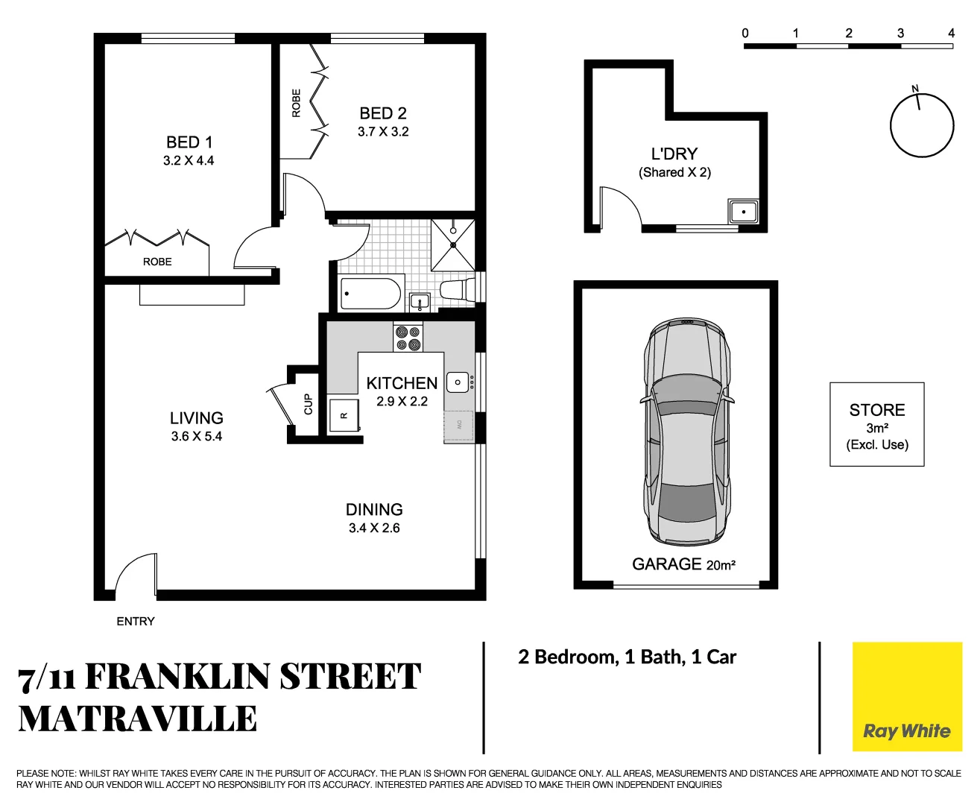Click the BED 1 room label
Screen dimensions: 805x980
click(189, 142)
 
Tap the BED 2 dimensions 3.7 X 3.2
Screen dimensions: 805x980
click(383, 132)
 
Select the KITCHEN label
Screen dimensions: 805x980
click(402, 383)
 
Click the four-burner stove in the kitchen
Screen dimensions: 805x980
click(408, 338)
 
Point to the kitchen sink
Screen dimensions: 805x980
click(458, 382)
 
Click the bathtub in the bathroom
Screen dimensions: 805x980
click(370, 293)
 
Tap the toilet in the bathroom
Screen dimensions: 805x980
click(457, 290)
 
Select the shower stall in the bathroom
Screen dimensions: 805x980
click(452, 244)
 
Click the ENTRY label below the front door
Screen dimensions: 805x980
click(136, 621)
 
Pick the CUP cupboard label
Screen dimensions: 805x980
click(308, 404)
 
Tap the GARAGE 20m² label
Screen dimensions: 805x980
click(683, 564)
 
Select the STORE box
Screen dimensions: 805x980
click(876, 425)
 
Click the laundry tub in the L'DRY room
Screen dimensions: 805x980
click(743, 212)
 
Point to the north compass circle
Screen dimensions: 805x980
click(922, 125)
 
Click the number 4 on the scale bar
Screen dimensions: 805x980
click(951, 33)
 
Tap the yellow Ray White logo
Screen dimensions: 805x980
click(907, 697)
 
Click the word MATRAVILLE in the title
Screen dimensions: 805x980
click(138, 719)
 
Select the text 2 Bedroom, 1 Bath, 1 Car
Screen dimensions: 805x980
click(627, 657)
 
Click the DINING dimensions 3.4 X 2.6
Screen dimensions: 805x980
click(374, 528)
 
